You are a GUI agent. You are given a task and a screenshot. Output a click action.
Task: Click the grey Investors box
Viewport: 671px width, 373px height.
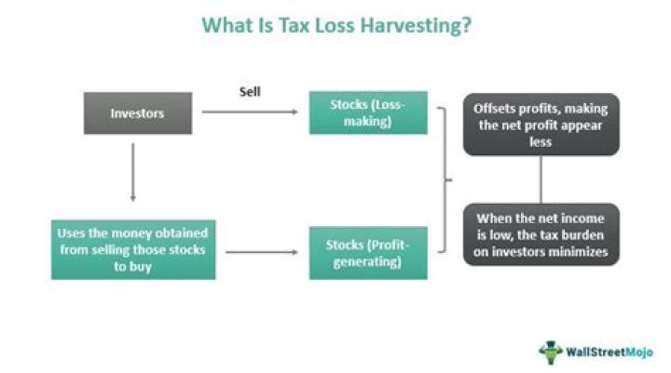[136, 113]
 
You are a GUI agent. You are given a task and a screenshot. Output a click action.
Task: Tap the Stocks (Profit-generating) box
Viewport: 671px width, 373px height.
[368, 252]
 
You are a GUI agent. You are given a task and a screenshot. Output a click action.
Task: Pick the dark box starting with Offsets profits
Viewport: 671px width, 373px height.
[541, 123]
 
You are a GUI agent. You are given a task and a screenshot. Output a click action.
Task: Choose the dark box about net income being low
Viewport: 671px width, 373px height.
[541, 235]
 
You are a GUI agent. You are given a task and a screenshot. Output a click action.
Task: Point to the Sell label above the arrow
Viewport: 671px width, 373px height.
[250, 92]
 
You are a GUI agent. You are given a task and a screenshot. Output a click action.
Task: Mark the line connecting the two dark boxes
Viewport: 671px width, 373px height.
[541, 180]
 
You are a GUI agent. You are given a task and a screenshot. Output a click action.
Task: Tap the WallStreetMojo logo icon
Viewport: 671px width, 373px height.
[551, 352]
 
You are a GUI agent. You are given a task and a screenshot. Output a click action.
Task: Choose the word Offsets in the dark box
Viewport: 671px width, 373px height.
[494, 107]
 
